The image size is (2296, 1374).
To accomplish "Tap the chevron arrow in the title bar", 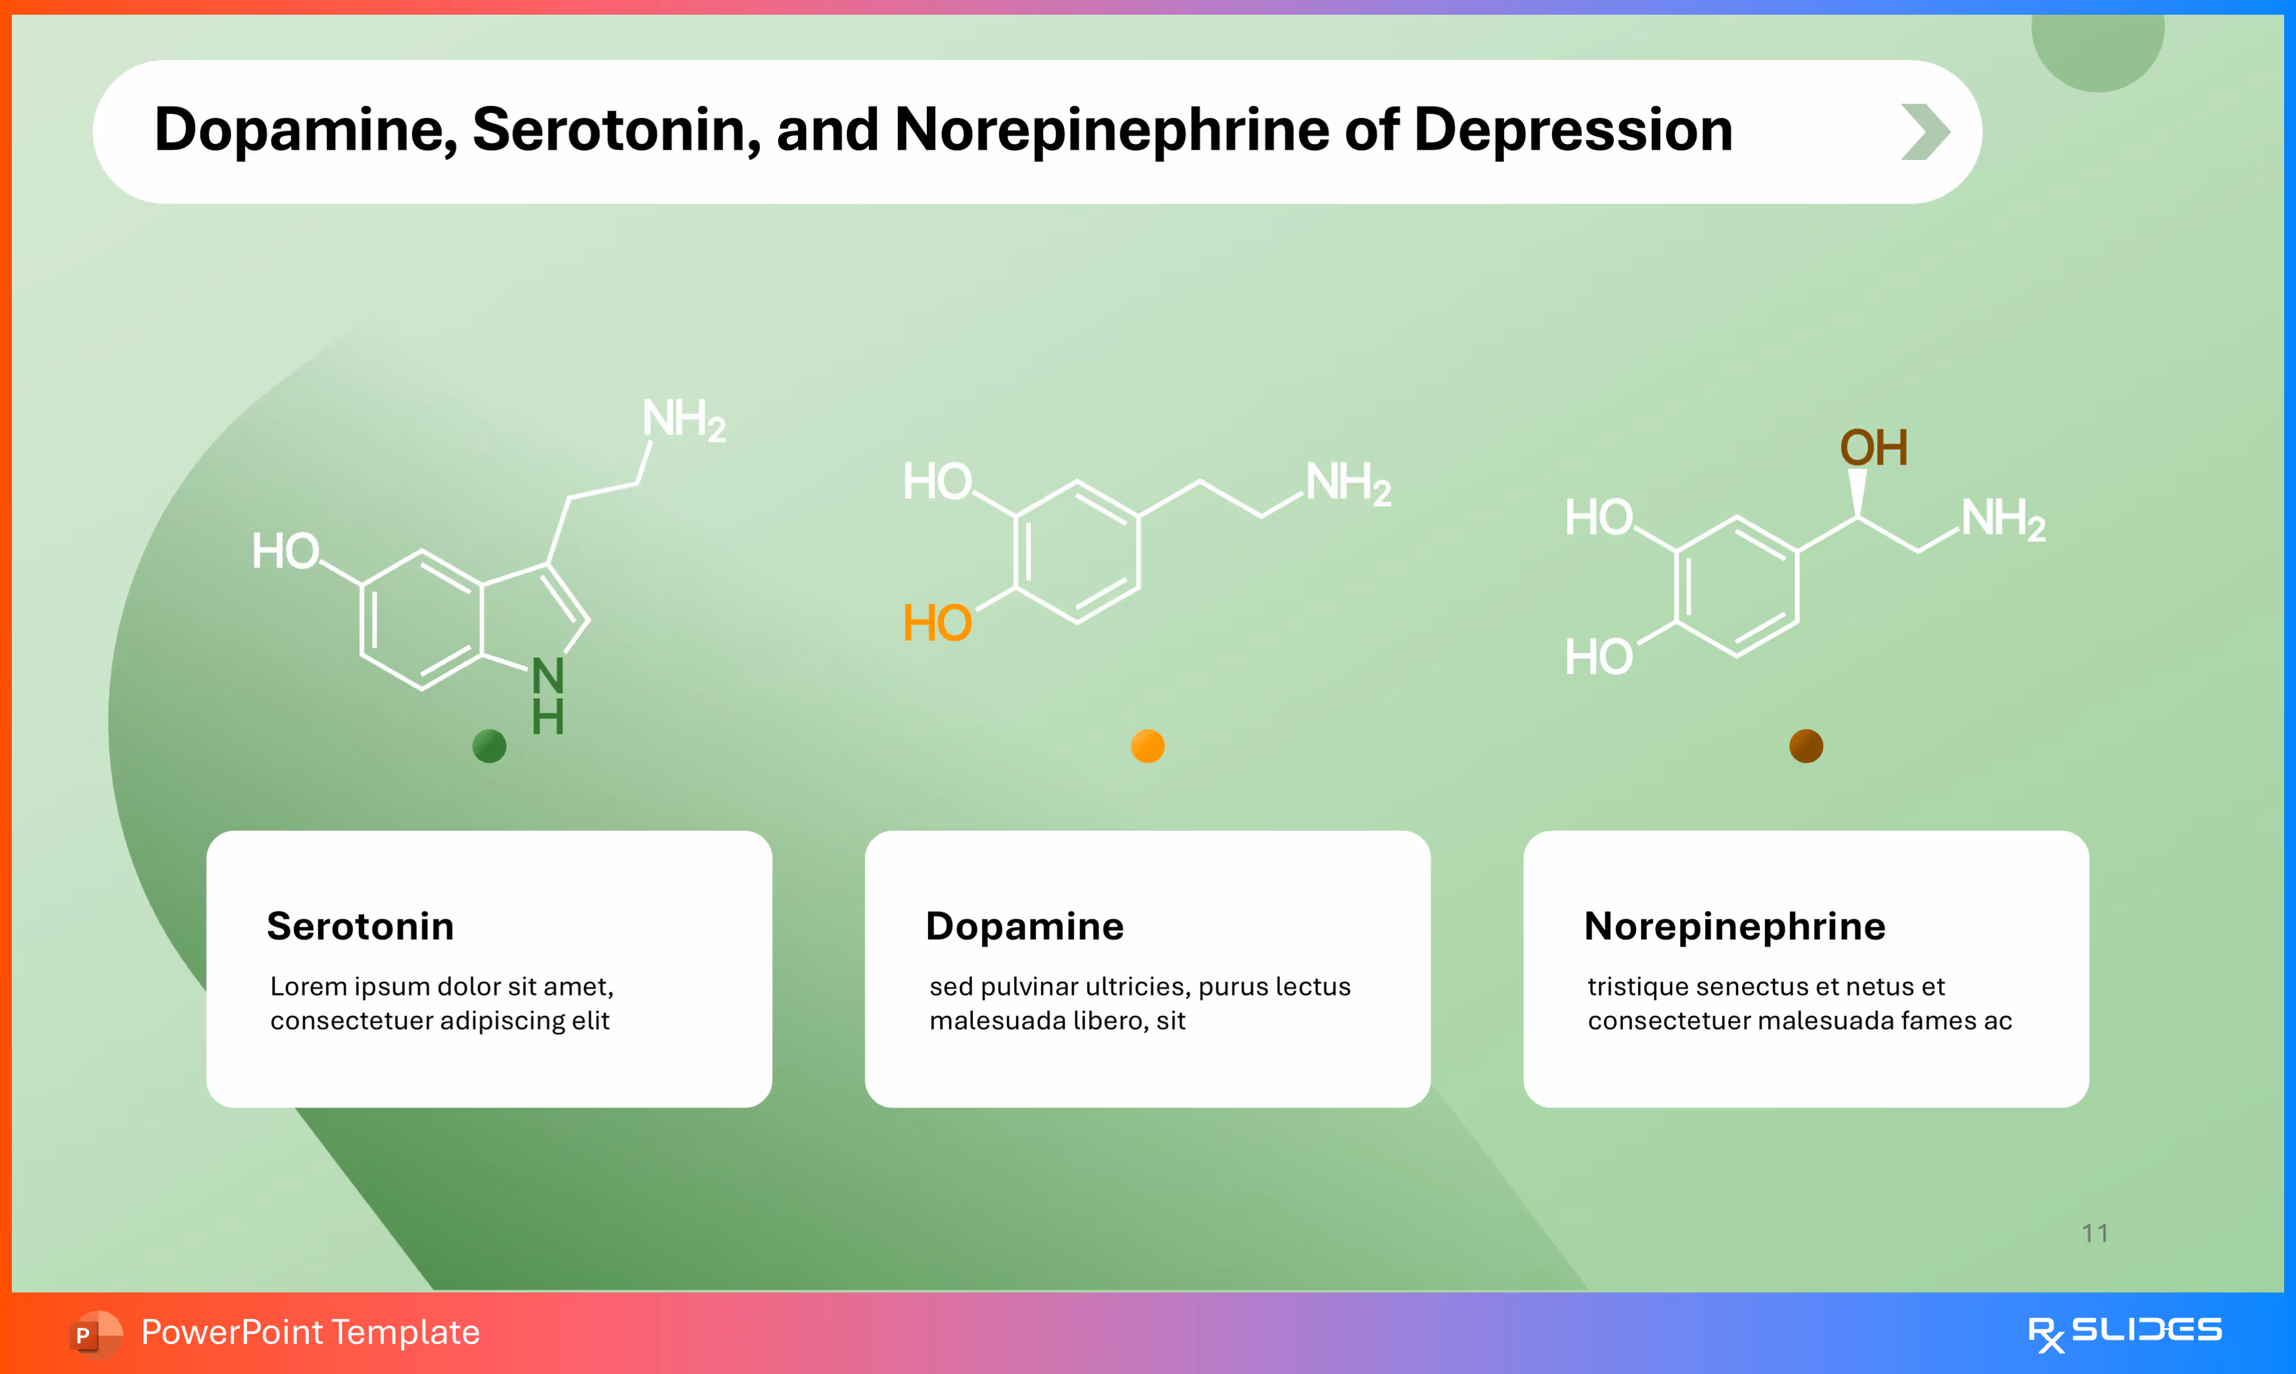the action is [x=1925, y=132].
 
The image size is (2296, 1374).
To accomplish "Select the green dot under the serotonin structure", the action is [x=489, y=745].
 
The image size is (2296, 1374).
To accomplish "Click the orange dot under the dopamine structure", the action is [x=1147, y=745].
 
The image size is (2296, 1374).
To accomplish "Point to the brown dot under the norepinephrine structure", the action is [x=1805, y=745].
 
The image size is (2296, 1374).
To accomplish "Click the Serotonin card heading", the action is [x=360, y=926].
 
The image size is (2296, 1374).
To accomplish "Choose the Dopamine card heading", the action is [x=1024, y=926].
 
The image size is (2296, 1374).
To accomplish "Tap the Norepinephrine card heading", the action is [x=1734, y=926].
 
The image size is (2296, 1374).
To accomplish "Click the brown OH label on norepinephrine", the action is [x=1873, y=448].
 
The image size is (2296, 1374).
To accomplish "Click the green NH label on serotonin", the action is [x=547, y=696].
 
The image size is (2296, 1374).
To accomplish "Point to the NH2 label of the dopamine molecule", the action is [x=1347, y=483].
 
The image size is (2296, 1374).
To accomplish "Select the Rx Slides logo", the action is [x=2124, y=1332].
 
